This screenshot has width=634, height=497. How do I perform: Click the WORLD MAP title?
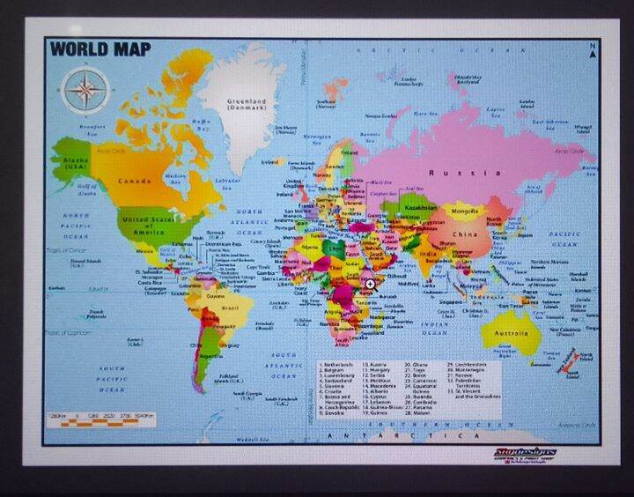[x=100, y=48]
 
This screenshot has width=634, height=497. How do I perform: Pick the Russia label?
[x=453, y=173]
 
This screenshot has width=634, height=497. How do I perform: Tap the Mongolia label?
[x=464, y=211]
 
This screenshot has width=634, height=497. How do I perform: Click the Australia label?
[x=512, y=334]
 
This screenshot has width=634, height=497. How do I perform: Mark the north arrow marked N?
[x=596, y=52]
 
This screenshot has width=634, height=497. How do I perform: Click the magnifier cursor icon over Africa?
[x=371, y=284]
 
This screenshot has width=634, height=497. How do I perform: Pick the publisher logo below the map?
[x=525, y=455]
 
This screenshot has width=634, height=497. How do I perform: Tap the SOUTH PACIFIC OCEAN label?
[x=112, y=378]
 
